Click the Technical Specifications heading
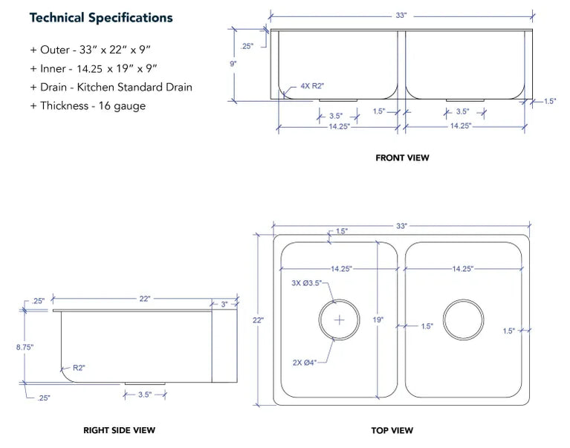[101, 18]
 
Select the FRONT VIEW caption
[402, 158]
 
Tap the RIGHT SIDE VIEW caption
[119, 430]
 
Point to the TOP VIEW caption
[392, 430]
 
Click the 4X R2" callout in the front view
[312, 86]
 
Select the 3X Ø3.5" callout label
[306, 282]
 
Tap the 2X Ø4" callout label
[304, 363]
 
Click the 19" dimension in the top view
[378, 319]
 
